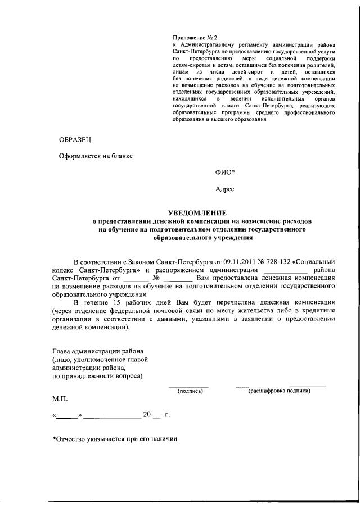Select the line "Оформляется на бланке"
96,156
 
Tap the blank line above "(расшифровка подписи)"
280,385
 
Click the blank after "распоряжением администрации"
289,270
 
